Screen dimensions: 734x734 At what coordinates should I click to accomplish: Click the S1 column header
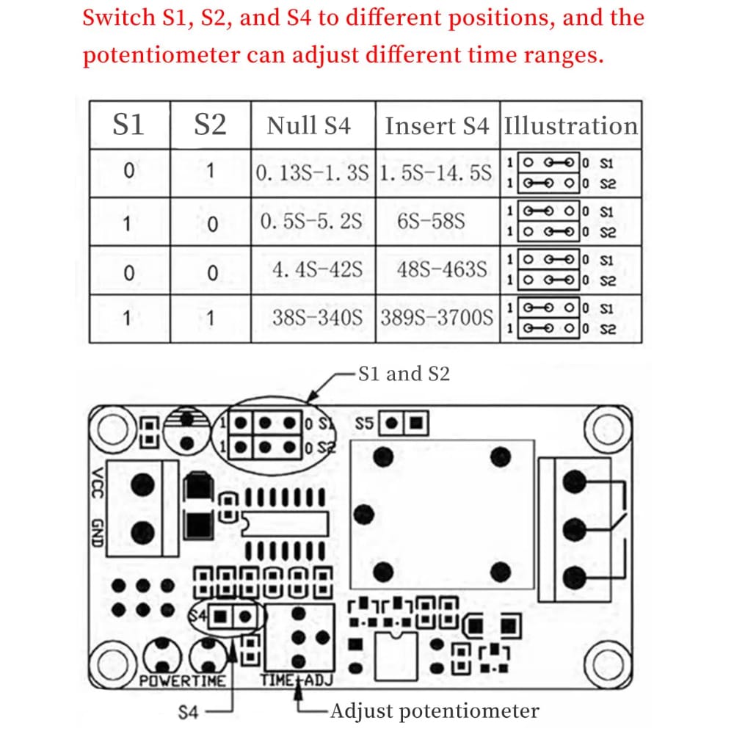tap(128, 125)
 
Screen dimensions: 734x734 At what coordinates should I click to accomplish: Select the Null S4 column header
tap(309, 126)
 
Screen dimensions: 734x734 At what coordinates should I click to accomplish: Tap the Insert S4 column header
tap(437, 126)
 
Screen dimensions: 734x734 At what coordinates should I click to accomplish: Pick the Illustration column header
tap(570, 126)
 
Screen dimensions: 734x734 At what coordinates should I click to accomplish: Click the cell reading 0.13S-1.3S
tap(312, 173)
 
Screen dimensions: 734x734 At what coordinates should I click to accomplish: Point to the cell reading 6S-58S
tap(431, 221)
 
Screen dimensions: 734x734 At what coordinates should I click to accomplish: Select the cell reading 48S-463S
tap(442, 269)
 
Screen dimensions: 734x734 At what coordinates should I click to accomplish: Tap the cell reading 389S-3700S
tap(437, 317)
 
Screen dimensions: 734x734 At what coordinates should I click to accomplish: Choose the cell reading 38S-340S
tap(317, 317)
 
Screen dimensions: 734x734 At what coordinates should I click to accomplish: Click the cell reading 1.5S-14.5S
tap(436, 173)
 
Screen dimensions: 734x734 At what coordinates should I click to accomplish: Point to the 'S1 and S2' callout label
tap(404, 374)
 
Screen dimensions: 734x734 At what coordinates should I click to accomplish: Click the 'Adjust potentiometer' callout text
tap(435, 711)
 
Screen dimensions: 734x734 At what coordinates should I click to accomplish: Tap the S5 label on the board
tap(364, 424)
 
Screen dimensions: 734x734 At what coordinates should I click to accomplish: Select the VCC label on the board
tap(98, 483)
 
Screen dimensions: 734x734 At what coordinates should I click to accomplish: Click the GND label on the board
tap(98, 533)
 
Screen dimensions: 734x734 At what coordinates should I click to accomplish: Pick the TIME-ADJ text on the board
tap(297, 680)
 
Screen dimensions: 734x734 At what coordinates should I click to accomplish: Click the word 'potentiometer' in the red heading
tap(161, 55)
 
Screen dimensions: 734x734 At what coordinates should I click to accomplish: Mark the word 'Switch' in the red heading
tap(118, 18)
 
